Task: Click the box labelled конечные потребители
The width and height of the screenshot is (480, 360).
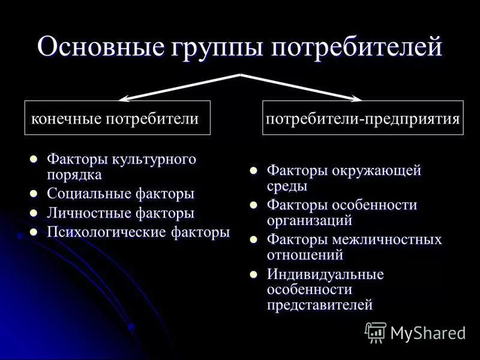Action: (117, 118)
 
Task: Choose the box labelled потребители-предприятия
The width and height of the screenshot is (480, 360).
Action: (363, 118)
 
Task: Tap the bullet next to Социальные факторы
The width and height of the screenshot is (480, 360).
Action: (34, 194)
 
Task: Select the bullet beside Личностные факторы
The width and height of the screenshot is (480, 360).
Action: (34, 213)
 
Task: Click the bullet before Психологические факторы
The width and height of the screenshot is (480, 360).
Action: (34, 232)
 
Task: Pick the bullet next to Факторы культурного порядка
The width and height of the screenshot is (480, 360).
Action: (34, 160)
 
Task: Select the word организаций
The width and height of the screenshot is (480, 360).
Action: (309, 220)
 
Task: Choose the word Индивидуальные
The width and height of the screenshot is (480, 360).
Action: (325, 275)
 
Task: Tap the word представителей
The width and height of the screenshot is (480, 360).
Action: (320, 305)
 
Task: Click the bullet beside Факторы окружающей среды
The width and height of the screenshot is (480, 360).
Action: (254, 172)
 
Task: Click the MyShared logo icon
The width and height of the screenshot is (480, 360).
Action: (375, 332)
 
